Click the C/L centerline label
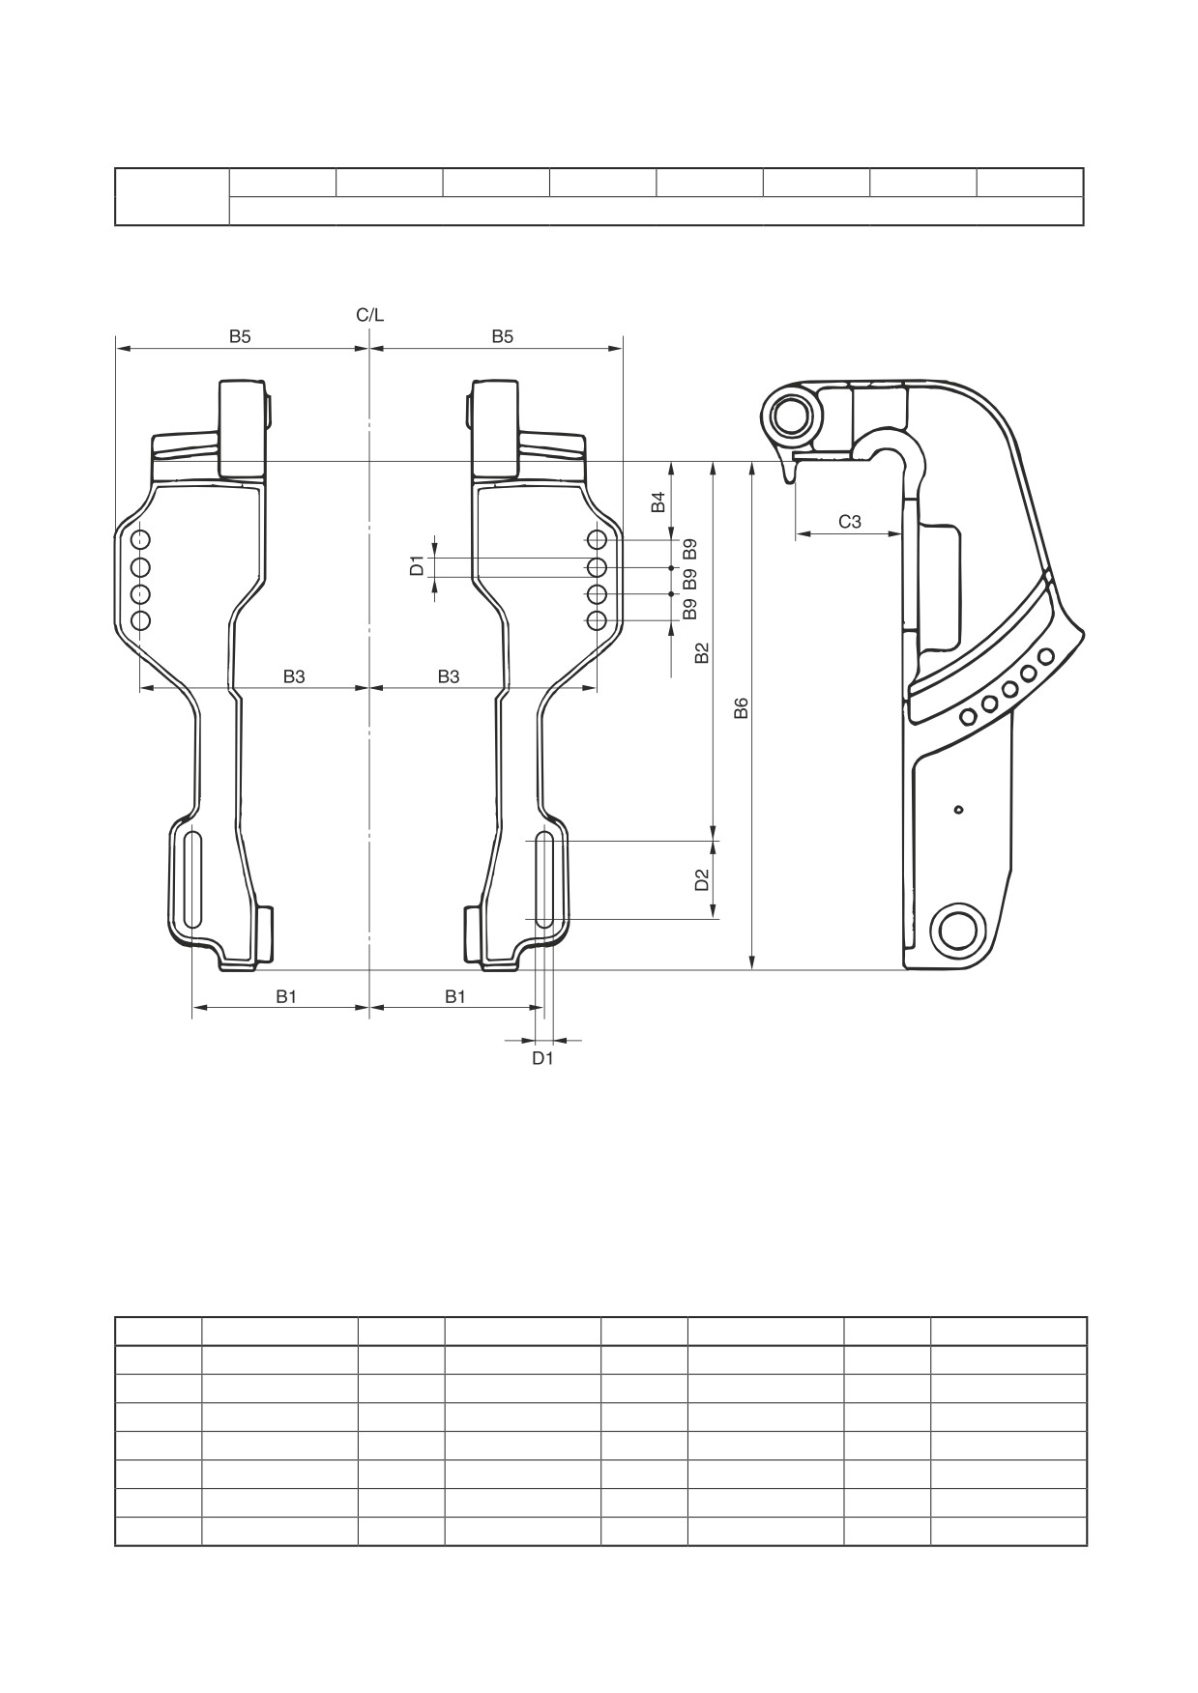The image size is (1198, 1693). coord(369,315)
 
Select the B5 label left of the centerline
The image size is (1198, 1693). coord(240,336)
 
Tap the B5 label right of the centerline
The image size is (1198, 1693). coord(502,336)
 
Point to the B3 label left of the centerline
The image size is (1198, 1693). coord(294,676)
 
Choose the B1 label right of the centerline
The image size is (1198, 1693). coord(455,996)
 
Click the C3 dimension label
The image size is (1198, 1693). coord(850,522)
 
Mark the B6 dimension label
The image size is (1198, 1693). coord(742,708)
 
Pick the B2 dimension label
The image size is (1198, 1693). coord(703,653)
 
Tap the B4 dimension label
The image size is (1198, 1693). coord(657,502)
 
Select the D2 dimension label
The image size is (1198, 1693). coord(703,879)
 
